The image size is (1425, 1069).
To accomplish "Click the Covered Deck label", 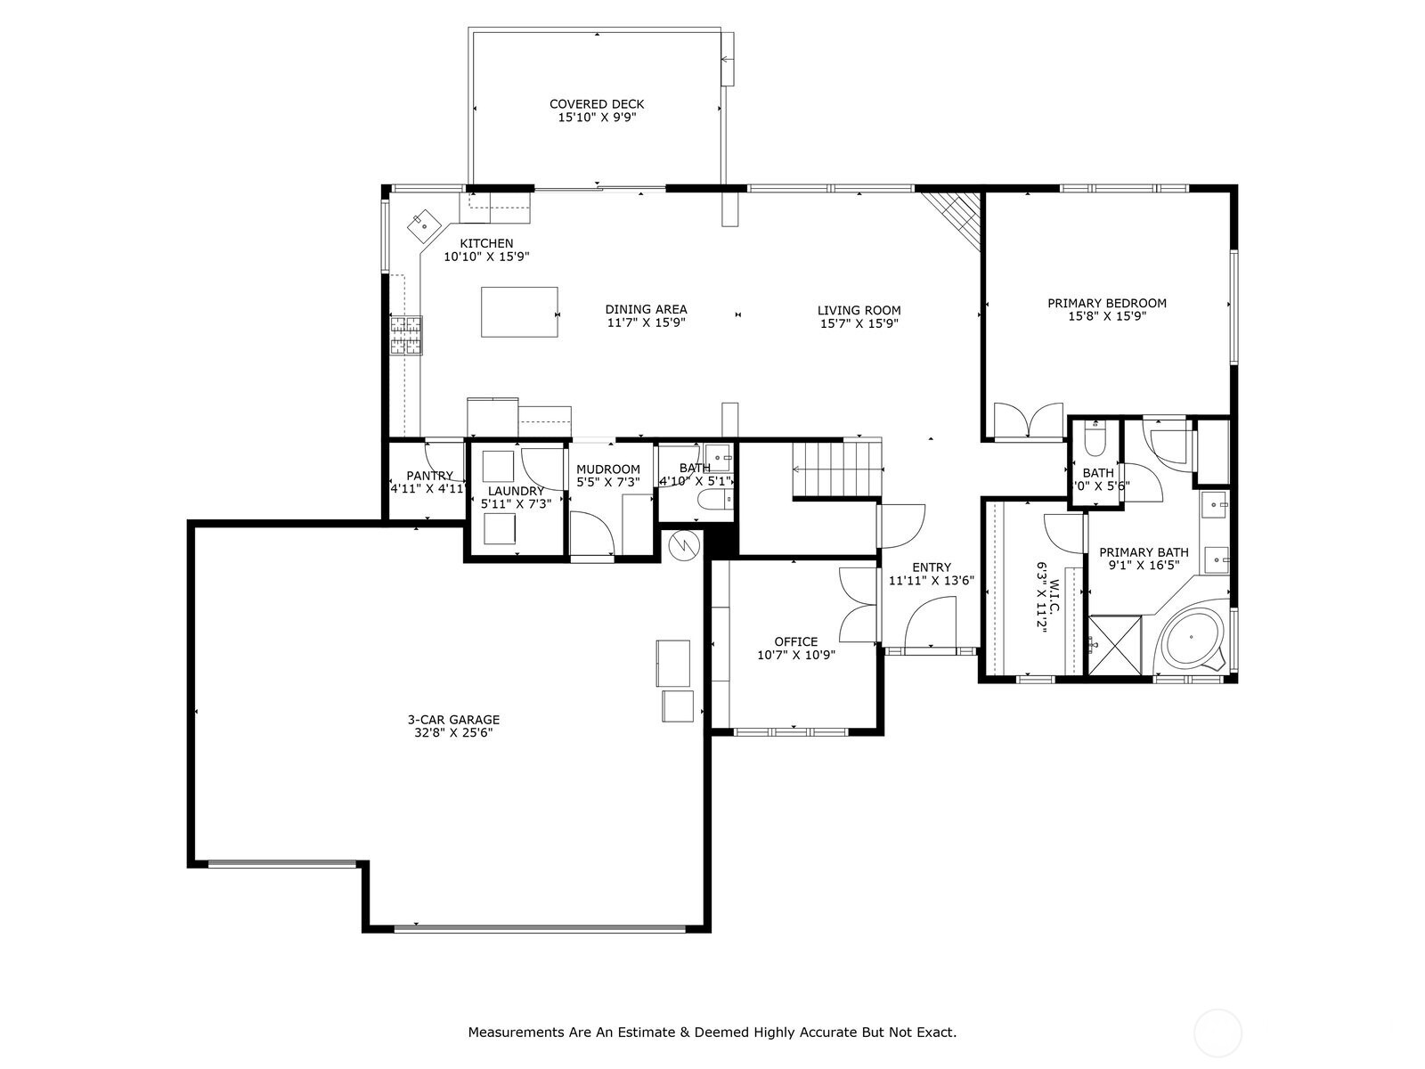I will click(597, 104).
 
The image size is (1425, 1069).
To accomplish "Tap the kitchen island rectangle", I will click(519, 312).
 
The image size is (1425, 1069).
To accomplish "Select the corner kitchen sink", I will click(424, 225).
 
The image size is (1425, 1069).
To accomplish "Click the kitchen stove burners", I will click(406, 337).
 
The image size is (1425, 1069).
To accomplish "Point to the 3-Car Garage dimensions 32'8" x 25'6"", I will click(453, 733).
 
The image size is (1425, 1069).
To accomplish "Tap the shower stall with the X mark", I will click(1115, 645).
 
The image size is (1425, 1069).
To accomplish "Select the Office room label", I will click(795, 641).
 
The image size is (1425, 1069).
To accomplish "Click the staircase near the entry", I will click(837, 469).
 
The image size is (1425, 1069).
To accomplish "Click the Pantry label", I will click(429, 476).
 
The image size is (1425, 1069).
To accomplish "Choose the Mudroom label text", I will click(607, 469).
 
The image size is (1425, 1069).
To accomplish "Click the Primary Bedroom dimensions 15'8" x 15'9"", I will click(1106, 316).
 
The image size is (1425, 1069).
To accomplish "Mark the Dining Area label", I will click(646, 309).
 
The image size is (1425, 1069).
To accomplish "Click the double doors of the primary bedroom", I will click(1030, 422).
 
